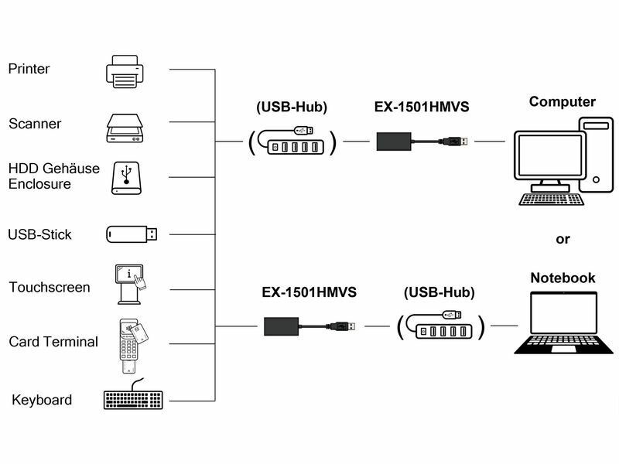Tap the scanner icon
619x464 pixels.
click(x=125, y=126)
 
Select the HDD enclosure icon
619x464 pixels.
click(x=125, y=177)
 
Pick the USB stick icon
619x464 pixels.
click(x=132, y=234)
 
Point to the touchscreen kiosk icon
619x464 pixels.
click(x=130, y=281)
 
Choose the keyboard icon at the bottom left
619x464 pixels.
click(x=133, y=397)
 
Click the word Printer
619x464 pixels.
click(x=29, y=69)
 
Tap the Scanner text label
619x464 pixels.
click(x=35, y=124)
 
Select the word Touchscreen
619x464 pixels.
click(x=50, y=288)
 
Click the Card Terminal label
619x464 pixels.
click(x=53, y=342)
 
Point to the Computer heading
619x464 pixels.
click(x=563, y=101)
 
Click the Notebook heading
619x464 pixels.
click(x=563, y=278)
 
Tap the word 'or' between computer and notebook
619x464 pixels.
click(x=563, y=239)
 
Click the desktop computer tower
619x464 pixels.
click(x=597, y=155)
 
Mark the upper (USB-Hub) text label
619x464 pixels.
click(x=292, y=107)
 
